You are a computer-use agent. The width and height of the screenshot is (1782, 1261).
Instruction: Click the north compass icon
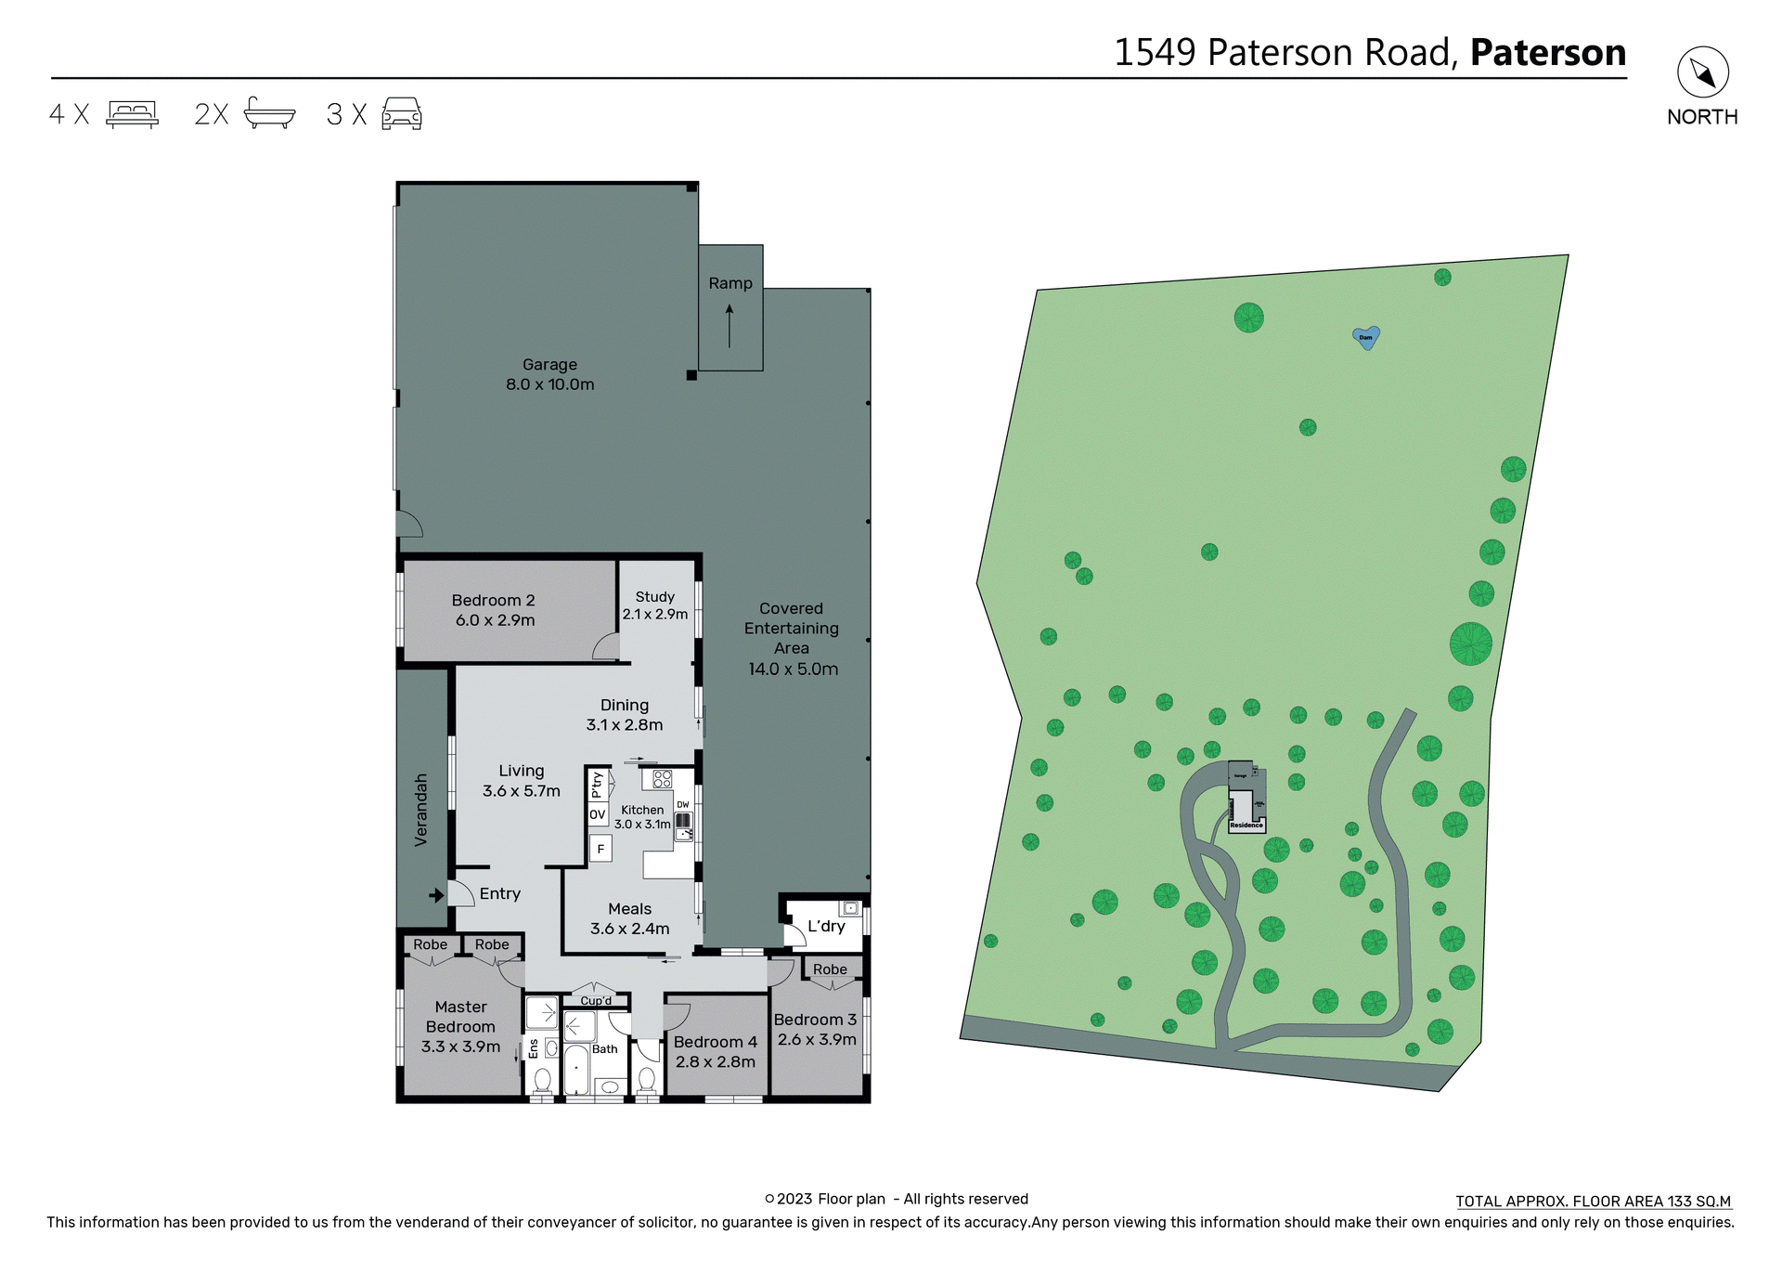tap(1702, 72)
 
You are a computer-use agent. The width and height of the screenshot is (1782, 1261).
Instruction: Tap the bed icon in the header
tap(132, 113)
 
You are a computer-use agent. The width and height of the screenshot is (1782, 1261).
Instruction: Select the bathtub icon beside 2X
tap(269, 112)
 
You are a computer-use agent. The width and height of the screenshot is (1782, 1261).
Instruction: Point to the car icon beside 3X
tap(402, 113)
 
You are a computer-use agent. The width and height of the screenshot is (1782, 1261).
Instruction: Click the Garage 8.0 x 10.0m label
tap(549, 374)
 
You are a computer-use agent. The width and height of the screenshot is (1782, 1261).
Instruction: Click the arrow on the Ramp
tap(730, 326)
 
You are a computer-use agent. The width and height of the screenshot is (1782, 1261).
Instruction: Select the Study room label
tap(655, 604)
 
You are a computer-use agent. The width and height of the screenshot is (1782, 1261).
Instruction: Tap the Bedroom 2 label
tap(494, 610)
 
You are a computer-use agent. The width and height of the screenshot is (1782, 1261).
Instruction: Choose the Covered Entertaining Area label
tap(792, 638)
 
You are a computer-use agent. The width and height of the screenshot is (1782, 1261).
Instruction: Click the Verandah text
tap(421, 809)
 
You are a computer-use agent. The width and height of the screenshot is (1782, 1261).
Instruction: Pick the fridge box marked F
tap(600, 849)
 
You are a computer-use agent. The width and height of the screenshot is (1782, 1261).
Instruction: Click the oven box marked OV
tap(598, 814)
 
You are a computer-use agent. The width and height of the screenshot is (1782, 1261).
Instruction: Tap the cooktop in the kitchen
tap(662, 778)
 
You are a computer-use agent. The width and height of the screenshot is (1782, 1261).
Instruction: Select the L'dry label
tap(826, 926)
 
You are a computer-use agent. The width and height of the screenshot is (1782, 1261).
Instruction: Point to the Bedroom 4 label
tap(716, 1051)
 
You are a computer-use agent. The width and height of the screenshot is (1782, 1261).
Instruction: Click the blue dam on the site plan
tap(1365, 336)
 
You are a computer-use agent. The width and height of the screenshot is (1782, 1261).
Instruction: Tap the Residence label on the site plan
tap(1246, 825)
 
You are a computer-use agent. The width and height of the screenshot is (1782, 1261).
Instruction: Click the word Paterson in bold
tap(1548, 52)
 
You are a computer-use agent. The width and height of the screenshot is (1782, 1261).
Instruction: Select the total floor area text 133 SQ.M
tap(1593, 1201)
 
